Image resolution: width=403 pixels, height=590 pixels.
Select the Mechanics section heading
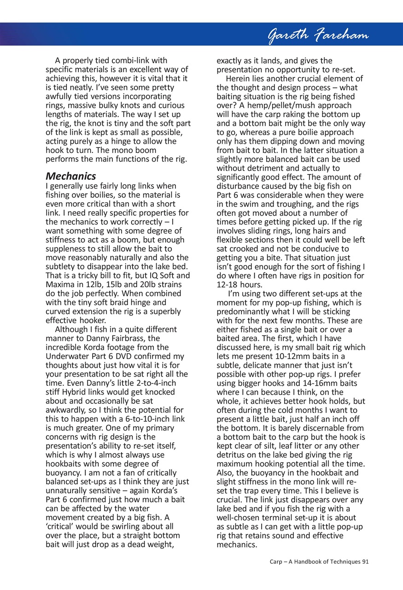[71, 176]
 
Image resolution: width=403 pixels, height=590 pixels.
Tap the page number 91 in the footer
[366, 561]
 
